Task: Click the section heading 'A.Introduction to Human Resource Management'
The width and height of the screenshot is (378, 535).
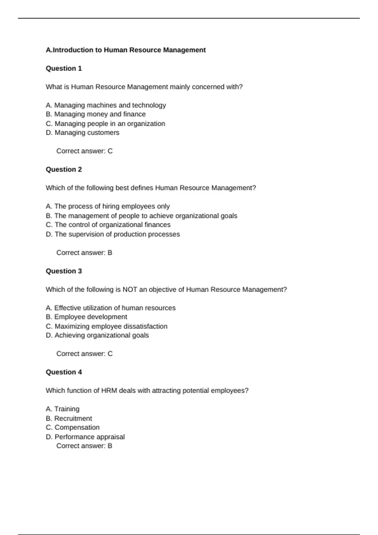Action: tap(125, 50)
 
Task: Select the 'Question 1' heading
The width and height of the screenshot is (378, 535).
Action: tap(64, 68)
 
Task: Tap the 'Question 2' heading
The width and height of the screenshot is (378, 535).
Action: tap(64, 169)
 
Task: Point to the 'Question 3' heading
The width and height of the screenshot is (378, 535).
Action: tap(64, 271)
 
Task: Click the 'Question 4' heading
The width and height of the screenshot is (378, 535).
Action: tap(64, 372)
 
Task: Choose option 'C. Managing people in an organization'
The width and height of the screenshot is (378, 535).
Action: tap(105, 124)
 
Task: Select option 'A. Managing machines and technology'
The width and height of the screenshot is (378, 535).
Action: tap(106, 105)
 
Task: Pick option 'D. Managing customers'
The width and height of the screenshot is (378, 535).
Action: tap(83, 133)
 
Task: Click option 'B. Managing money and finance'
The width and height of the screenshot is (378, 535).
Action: tap(95, 114)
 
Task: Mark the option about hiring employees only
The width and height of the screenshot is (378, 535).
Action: tap(107, 206)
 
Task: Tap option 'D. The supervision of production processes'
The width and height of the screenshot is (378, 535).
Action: tap(113, 234)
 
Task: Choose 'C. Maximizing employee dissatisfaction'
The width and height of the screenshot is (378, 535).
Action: tap(106, 326)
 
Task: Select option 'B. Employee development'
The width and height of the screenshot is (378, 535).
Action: tap(86, 317)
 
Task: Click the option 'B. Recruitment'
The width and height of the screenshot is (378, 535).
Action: tap(69, 419)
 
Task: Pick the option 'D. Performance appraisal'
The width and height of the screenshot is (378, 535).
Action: tap(85, 437)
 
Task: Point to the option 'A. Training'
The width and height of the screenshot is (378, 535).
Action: tap(62, 409)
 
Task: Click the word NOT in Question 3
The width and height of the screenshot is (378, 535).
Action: tap(130, 290)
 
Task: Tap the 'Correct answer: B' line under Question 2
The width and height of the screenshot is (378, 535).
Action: tap(84, 253)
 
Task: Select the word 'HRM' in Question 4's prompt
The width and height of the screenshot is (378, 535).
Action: tap(109, 391)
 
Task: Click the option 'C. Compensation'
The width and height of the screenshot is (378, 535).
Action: tap(72, 427)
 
